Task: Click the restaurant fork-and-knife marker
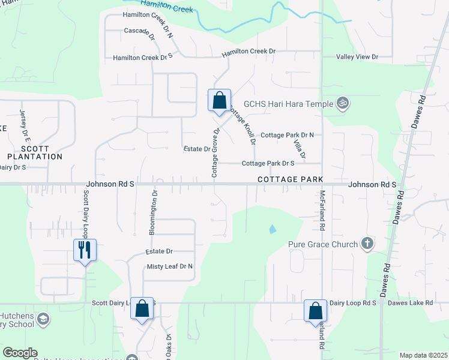click(x=85, y=249)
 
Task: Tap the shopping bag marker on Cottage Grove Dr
click(x=219, y=100)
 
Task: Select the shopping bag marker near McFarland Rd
click(x=315, y=310)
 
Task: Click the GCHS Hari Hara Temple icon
click(x=343, y=104)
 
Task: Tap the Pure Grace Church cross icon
click(x=367, y=244)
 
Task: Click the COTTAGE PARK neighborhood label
click(x=291, y=179)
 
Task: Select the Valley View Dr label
click(x=357, y=57)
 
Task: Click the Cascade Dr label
click(x=139, y=31)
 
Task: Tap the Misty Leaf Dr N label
click(x=170, y=266)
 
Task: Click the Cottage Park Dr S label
click(x=268, y=163)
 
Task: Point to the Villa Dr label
click(x=298, y=148)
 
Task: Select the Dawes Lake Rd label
click(x=410, y=303)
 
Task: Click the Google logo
click(x=20, y=353)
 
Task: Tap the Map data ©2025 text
click(x=423, y=355)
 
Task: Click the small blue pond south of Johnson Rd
click(x=273, y=229)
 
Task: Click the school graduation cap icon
click(x=42, y=319)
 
